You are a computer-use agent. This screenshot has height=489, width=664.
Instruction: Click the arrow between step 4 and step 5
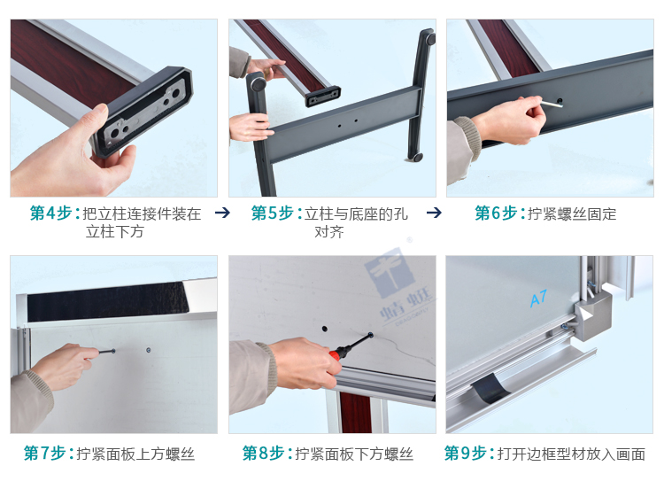point(223,213)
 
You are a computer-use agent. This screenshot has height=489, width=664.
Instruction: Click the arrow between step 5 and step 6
point(434,213)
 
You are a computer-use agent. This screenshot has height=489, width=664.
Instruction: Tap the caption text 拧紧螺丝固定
point(572,213)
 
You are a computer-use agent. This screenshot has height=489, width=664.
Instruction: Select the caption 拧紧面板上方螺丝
point(135,454)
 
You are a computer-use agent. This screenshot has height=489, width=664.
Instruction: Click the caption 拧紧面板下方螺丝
point(354,454)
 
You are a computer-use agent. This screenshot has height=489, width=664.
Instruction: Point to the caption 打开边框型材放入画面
point(571,454)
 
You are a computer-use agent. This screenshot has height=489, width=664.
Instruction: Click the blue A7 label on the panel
point(538,300)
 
